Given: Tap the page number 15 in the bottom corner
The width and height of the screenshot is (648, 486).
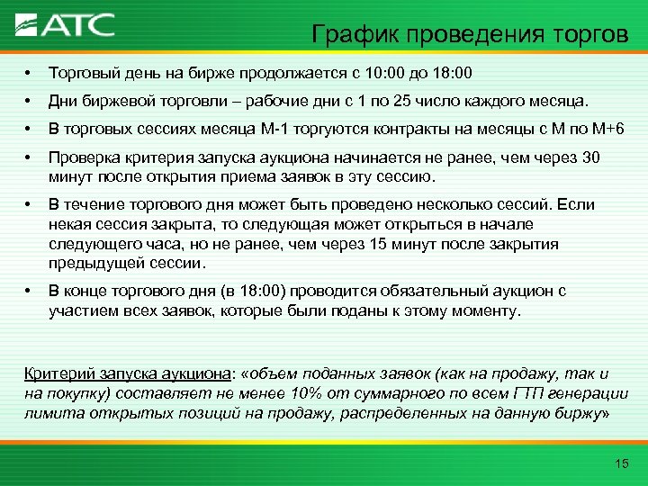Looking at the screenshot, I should (619, 463).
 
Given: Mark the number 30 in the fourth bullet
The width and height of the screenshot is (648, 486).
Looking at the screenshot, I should (590, 158).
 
